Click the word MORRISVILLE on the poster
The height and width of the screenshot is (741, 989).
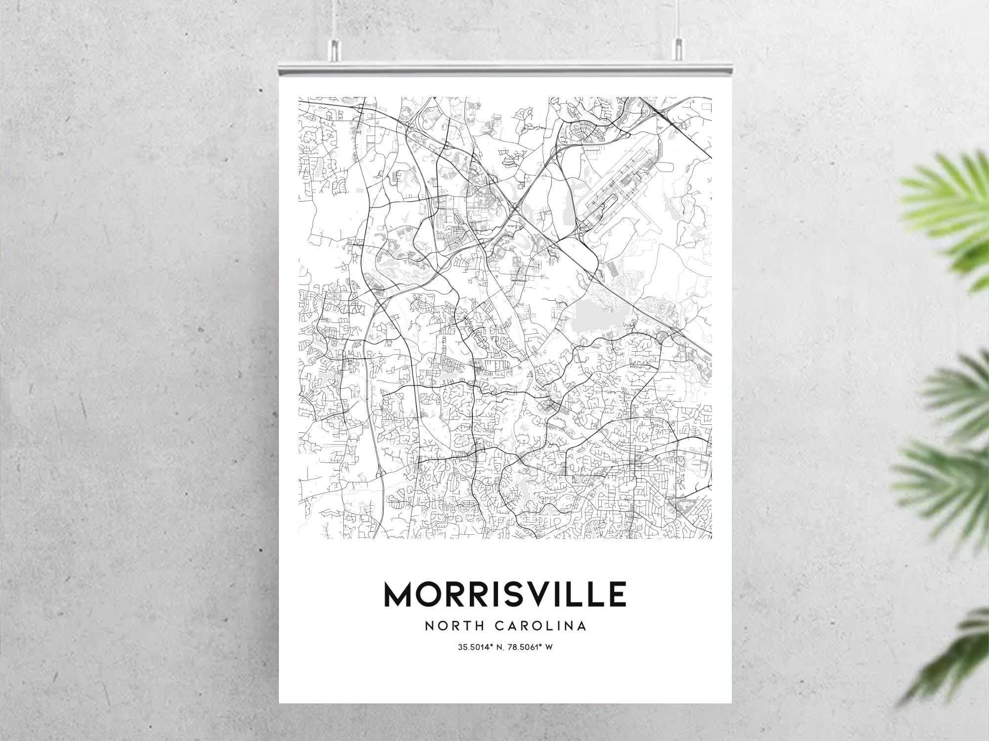click(x=505, y=595)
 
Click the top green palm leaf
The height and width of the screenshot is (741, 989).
click(x=949, y=208)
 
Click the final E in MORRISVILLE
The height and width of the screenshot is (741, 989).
click(x=618, y=595)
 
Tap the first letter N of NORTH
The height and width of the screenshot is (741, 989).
click(x=429, y=626)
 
